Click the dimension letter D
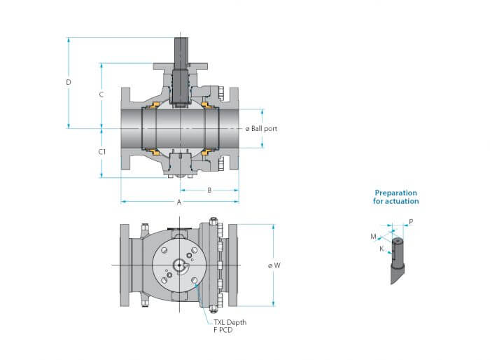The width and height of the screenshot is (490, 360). [x=69, y=82]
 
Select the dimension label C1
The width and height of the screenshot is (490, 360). [x=102, y=152]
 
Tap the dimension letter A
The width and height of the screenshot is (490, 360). [x=179, y=202]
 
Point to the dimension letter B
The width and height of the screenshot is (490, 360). [x=210, y=191]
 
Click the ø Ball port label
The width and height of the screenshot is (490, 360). [x=261, y=129]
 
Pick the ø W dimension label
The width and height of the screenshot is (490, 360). [x=274, y=265]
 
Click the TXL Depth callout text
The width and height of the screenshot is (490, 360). [x=230, y=322]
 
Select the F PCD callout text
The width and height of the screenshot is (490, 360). [x=223, y=330]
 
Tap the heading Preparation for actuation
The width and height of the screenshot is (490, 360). [x=396, y=197]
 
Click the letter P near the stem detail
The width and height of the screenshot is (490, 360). [x=411, y=222]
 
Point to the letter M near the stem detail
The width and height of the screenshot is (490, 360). [x=373, y=237]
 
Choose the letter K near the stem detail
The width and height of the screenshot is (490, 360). [x=381, y=249]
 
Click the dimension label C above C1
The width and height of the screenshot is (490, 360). [x=101, y=95]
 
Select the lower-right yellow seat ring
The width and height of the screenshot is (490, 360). [x=205, y=152]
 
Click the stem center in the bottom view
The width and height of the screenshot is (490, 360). [x=179, y=265]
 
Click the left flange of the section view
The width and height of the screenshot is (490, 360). [x=125, y=129]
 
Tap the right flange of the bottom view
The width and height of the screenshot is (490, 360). [x=233, y=265]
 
